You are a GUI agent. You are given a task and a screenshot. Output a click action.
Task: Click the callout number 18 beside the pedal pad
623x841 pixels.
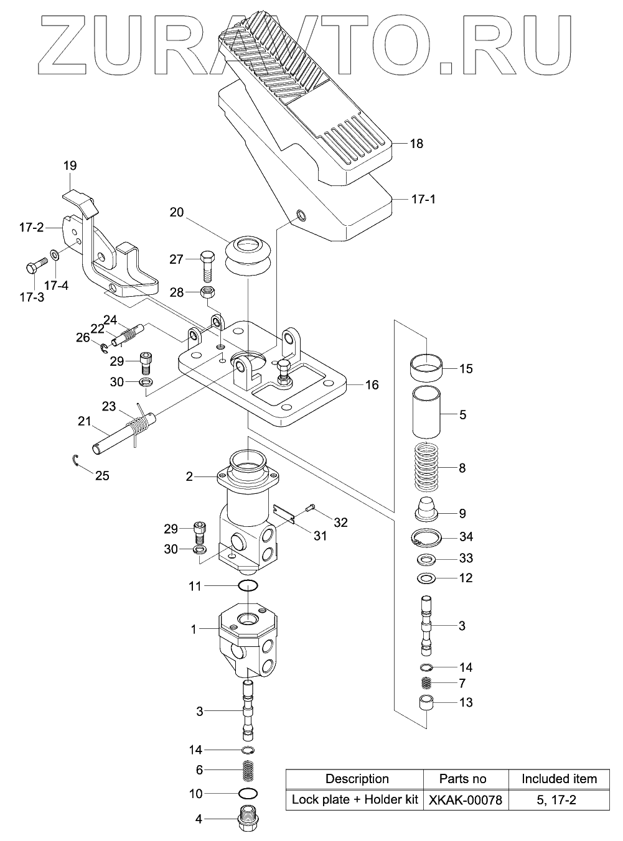(x=416, y=144)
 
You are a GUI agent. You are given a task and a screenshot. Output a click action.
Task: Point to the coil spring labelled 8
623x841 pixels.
(x=427, y=468)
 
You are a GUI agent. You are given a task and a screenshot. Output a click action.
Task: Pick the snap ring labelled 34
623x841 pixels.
(x=427, y=537)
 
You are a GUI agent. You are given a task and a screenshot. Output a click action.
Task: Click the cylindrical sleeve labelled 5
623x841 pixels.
(x=427, y=414)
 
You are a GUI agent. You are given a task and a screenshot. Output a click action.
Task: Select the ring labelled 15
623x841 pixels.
(x=427, y=368)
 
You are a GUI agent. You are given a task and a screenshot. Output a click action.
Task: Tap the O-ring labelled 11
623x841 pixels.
(x=248, y=585)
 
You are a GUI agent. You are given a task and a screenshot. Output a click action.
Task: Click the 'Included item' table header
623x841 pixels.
(x=558, y=779)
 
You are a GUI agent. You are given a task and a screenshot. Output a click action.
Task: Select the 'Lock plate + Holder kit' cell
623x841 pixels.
(x=355, y=800)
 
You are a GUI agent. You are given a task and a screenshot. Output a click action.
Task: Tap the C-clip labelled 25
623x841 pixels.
(x=75, y=461)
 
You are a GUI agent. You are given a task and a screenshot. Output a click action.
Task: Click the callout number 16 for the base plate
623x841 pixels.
(x=371, y=385)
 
